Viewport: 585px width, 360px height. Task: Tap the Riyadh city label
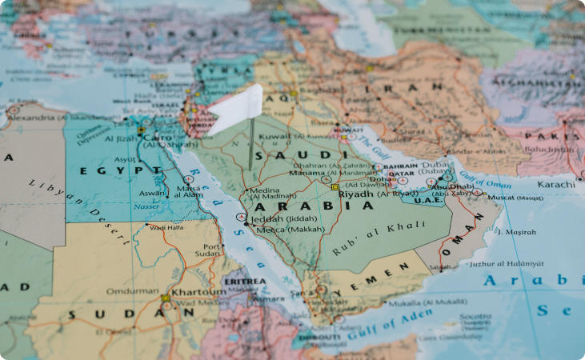pos(356,194)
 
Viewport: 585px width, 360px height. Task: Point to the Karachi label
pos(556,185)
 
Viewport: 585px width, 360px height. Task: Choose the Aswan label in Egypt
pos(154,194)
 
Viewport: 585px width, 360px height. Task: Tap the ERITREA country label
pos(245,282)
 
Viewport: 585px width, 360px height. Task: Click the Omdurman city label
pos(133,291)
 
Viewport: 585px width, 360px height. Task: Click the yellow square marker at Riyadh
pos(335,187)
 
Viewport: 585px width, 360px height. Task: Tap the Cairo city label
pos(160,138)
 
